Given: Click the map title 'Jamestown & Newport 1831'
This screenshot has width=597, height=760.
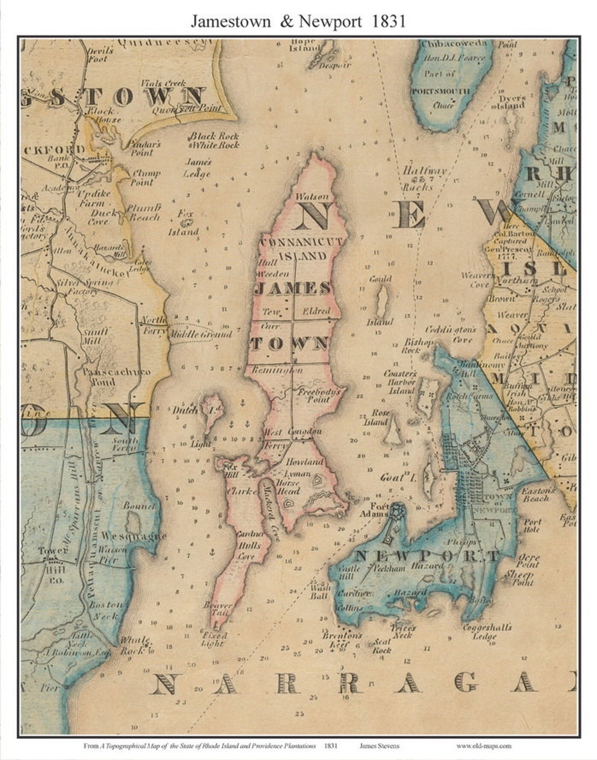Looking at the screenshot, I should [x=298, y=21].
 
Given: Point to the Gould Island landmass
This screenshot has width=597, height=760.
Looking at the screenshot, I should [x=381, y=301].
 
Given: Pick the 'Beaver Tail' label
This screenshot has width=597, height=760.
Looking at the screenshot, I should [x=218, y=609].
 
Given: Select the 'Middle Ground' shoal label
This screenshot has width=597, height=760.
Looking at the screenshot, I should [x=201, y=334].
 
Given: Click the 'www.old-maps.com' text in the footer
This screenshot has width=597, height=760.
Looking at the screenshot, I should [x=484, y=746].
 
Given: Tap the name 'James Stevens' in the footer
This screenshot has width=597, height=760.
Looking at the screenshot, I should [x=379, y=746].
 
